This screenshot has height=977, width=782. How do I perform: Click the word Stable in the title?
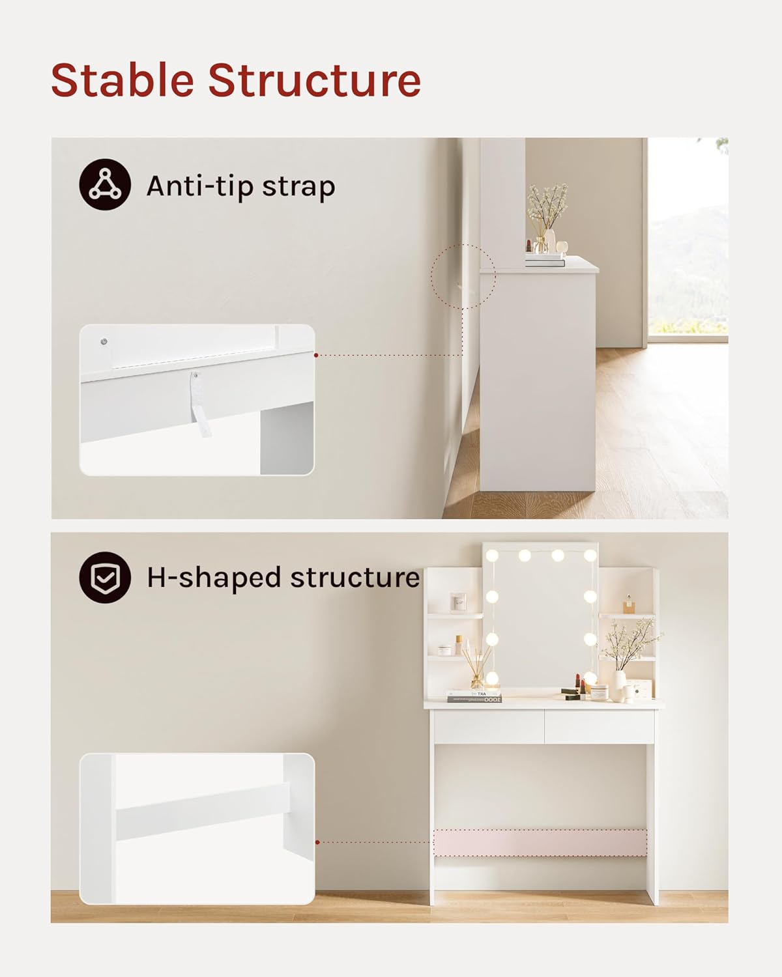pos(123,80)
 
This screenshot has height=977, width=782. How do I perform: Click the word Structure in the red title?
pos(314,80)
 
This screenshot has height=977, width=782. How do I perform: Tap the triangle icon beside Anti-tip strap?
pos(105,184)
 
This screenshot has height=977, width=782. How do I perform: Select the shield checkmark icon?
pos(105,577)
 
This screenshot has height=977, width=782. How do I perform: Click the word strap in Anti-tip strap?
pos(298,186)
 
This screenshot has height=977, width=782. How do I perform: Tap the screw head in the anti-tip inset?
pos(104,341)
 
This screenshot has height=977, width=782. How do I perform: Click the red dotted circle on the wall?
pos(463,277)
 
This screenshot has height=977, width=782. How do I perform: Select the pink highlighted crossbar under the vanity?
pos(540,842)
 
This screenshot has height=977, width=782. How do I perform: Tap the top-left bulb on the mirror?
pos(493,556)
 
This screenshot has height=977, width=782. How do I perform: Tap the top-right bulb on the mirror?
pos(590,556)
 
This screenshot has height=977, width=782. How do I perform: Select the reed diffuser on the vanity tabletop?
pos(476,671)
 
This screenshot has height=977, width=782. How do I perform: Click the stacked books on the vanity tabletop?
pos(474,696)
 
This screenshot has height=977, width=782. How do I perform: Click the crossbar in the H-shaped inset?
pos(202,811)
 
